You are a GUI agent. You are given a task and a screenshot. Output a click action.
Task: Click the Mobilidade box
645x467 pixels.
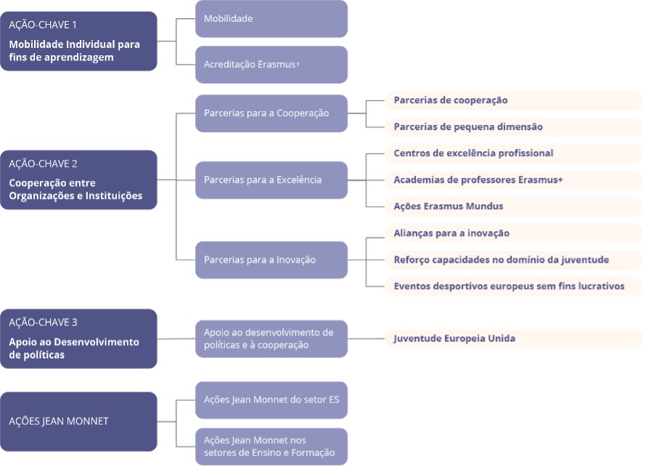[x=271, y=19]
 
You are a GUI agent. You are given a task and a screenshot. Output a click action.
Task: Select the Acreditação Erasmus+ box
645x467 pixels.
[x=271, y=65]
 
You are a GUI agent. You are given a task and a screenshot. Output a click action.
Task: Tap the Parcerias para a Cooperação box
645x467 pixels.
[x=271, y=113]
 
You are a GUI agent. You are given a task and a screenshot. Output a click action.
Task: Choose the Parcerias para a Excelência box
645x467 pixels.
[x=271, y=180]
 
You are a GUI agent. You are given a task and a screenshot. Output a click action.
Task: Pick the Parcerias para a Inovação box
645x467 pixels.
[x=271, y=260]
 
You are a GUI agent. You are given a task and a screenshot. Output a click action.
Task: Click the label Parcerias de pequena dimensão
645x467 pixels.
[x=468, y=127]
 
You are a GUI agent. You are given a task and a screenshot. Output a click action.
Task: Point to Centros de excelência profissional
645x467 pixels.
[x=474, y=153]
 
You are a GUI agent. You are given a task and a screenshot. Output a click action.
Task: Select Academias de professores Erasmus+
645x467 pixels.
[x=478, y=180]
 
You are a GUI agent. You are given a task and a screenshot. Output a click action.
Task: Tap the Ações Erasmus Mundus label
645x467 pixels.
[x=448, y=206]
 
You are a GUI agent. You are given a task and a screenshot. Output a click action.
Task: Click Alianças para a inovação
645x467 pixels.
[x=452, y=233]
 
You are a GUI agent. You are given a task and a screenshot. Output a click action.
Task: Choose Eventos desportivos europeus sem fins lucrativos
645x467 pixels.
[x=509, y=286]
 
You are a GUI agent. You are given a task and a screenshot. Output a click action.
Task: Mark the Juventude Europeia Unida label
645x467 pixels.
[x=454, y=338]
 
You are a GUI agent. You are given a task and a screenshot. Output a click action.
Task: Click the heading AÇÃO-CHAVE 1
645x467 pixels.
[x=43, y=25]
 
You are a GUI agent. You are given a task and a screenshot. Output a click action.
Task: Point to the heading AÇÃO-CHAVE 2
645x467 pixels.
[x=43, y=164]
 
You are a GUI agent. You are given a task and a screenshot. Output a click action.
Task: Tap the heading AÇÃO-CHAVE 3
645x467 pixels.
[x=43, y=322]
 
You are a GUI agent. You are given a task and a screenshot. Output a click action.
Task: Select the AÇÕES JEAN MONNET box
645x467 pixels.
[x=78, y=421]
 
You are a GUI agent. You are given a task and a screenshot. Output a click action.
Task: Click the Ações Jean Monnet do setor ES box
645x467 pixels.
[x=271, y=400]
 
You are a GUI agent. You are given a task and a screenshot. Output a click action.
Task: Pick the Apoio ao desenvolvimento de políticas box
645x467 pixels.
[x=271, y=339]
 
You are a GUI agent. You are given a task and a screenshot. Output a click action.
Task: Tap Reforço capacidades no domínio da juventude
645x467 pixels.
[x=501, y=260]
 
